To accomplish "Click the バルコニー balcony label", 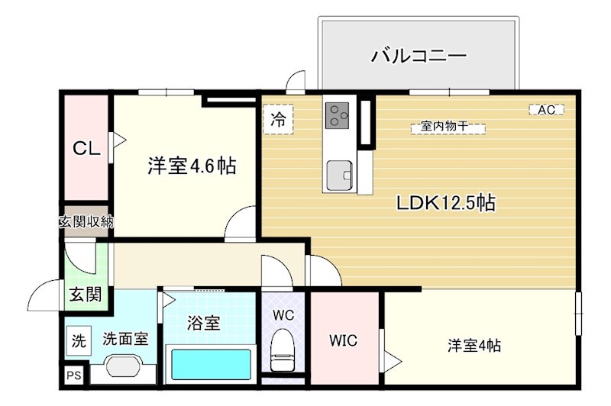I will point(419,56).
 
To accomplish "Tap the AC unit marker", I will point(546,110).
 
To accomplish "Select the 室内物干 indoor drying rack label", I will point(448,127).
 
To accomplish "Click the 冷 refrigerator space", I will point(280,119).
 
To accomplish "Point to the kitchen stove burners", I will point(337,116).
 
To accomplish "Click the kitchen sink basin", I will point(339,176).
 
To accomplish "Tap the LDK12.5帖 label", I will point(446,203).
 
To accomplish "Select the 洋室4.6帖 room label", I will point(191,165).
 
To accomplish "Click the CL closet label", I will point(86,150).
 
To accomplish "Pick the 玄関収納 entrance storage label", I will point(86,223).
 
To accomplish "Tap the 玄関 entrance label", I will point(86,294).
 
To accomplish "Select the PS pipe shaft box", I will point(74,375).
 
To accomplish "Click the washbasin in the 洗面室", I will point(123,367).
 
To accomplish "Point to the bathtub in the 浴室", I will point(211,364).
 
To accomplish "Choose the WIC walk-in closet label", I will point(343,340).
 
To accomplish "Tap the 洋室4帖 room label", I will point(474,345).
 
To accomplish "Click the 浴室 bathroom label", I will point(204,323).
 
